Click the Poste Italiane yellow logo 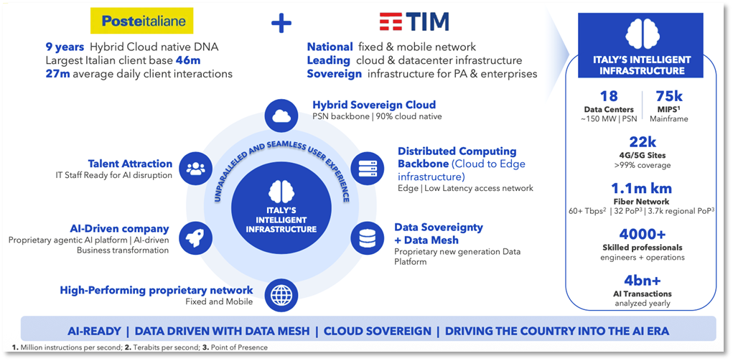pos(138,22)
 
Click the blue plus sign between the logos pos(281,24)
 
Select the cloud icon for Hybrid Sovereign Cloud pos(281,115)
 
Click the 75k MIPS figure pos(669,98)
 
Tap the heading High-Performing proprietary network pos(157,290)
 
